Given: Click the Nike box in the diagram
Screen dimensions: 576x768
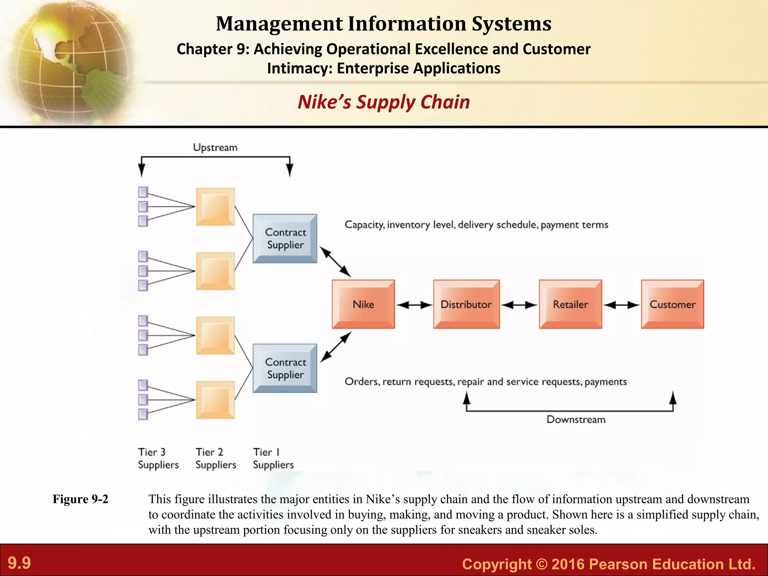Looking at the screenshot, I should tap(363, 304).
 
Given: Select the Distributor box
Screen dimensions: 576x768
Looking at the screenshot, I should tap(466, 304).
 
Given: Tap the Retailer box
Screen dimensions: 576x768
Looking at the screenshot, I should tap(570, 304).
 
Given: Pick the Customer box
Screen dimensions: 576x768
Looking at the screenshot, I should tap(672, 304).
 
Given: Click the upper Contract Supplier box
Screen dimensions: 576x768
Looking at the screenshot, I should tap(285, 238).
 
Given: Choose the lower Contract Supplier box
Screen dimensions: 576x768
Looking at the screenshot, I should tap(285, 368).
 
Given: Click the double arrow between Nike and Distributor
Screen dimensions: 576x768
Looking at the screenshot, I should tap(414, 305).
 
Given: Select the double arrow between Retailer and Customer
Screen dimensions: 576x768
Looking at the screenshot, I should tap(621, 305).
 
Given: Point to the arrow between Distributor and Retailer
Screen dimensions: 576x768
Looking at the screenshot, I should tap(519, 305).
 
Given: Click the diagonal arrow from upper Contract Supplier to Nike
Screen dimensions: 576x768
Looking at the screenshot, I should tap(335, 262).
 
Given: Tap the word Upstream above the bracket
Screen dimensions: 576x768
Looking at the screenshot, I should tap(215, 147).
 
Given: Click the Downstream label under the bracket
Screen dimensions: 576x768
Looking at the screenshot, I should tap(576, 419).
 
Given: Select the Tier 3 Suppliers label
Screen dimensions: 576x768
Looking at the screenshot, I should tap(158, 458).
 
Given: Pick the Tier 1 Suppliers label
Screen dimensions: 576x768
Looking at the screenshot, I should tap(273, 458).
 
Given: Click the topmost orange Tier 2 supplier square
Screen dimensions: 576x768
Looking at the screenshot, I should tap(215, 207).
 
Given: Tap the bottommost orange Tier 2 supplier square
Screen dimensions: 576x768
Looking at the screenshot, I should tap(215, 400).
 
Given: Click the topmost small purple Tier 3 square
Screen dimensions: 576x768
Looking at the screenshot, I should tap(143, 192).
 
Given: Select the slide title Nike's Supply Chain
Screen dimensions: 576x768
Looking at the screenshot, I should tap(384, 102).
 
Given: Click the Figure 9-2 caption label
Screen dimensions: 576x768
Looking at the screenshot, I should tap(80, 499).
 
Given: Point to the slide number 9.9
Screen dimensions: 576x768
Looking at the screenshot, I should tap(19, 563).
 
